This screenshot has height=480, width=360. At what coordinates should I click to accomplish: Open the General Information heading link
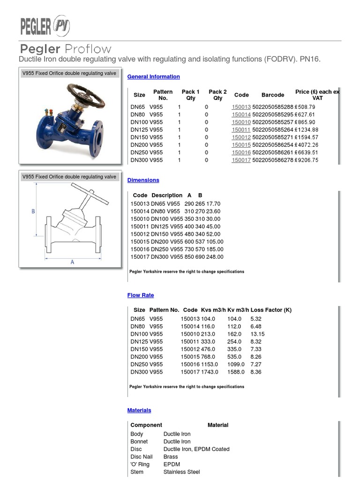[x=153, y=76]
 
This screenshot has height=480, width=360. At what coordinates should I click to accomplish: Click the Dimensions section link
[x=143, y=180]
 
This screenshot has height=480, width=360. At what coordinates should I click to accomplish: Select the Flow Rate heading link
[x=140, y=295]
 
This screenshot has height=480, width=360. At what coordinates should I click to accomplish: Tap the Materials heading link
[x=139, y=410]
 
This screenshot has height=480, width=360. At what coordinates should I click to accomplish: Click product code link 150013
[x=241, y=107]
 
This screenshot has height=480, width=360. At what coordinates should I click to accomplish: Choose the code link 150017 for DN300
[x=241, y=160]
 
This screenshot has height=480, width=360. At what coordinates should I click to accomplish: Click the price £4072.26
[x=307, y=145]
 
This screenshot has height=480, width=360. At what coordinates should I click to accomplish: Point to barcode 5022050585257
[x=272, y=122]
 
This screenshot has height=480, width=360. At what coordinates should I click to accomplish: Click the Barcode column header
[x=272, y=95]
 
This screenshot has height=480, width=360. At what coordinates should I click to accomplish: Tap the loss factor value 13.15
[x=257, y=334]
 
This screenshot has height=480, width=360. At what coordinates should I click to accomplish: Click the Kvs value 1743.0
[x=210, y=372]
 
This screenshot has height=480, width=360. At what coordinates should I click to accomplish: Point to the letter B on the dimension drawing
[x=33, y=211]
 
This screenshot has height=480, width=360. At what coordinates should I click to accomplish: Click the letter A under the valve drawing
[x=72, y=262]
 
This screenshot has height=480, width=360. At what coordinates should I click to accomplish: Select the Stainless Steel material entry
[x=181, y=472]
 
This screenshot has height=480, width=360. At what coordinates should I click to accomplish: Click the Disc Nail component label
[x=141, y=457]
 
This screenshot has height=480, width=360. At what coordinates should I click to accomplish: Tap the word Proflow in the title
[x=88, y=49]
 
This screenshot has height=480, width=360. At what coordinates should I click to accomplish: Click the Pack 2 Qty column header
[x=217, y=95]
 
